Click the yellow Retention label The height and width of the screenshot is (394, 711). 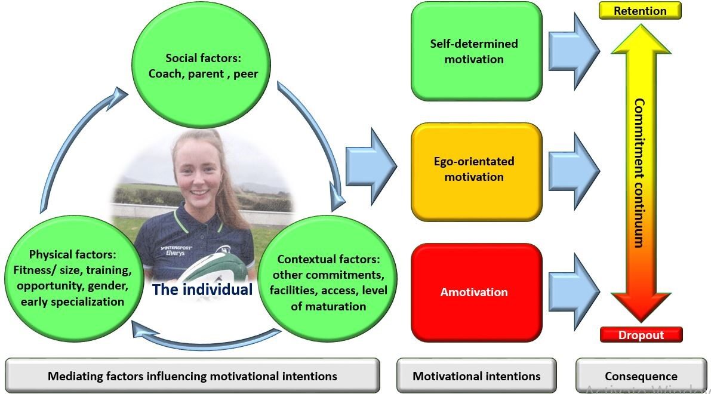pos(640,11)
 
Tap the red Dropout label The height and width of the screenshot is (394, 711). pos(641,335)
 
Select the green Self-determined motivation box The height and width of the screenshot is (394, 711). pos(476,51)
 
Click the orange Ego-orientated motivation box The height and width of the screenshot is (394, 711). pos(476,169)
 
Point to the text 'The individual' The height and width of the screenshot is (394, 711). pos(202,290)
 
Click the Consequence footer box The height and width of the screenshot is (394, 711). pos(641,376)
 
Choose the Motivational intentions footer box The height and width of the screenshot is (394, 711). pos(476,376)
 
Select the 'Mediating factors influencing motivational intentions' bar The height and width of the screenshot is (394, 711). pos(192,376)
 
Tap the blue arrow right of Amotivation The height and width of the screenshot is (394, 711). pos(574,291)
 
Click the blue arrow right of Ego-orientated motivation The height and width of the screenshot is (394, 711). pos(574,170)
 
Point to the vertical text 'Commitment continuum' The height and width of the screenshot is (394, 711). pos(639,173)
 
